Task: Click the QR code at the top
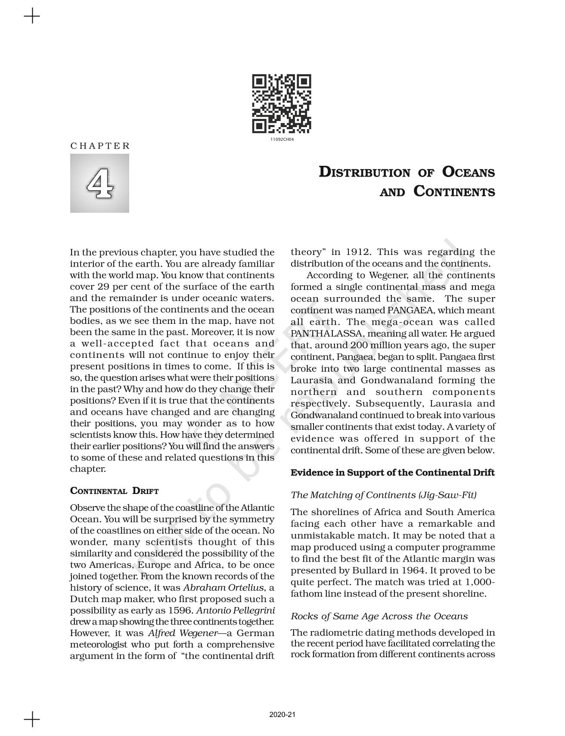click(x=282, y=104)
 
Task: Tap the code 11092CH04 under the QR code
click(x=282, y=140)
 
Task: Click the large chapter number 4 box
click(x=99, y=183)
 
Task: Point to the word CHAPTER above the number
click(x=100, y=146)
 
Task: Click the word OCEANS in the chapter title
click(x=469, y=172)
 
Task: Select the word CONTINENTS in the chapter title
click(x=454, y=192)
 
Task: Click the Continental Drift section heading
click(x=115, y=491)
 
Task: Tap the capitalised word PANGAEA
click(x=410, y=311)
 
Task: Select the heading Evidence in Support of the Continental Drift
click(x=392, y=473)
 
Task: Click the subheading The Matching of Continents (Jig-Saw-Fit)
click(x=383, y=495)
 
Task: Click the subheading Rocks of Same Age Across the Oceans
click(x=379, y=616)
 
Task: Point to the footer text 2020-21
click(x=282, y=715)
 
